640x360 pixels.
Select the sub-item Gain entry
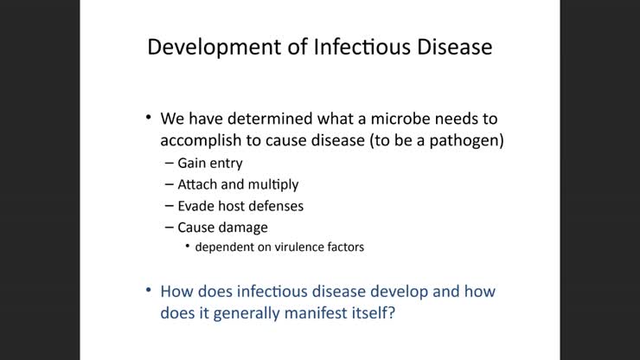coord(209,163)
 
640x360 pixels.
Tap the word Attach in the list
coord(197,184)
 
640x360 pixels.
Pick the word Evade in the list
coord(196,206)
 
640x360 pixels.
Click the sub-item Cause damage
coord(222,228)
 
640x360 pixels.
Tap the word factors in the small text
coord(342,247)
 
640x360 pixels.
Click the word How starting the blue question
coord(177,291)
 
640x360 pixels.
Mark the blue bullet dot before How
coord(148,290)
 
